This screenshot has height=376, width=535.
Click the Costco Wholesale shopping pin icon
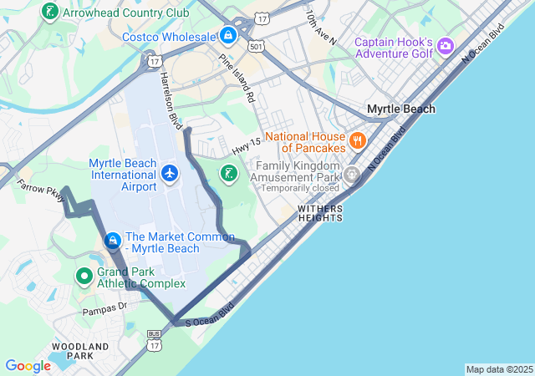tap(227, 35)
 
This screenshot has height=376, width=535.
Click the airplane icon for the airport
tap(171, 174)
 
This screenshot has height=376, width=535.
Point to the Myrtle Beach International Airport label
tap(123, 175)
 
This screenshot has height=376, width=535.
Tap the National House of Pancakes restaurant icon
tap(358, 140)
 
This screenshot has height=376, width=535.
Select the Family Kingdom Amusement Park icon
tap(352, 175)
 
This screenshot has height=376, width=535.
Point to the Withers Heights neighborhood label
tap(319, 213)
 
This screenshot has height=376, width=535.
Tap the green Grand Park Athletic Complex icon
tap(84, 276)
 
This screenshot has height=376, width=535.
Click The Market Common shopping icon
tap(112, 241)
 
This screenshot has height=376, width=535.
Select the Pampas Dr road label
tap(104, 309)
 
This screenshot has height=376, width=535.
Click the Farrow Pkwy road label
tap(40, 191)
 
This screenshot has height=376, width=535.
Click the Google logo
tap(28, 365)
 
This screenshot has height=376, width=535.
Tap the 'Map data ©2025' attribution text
tap(499, 369)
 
